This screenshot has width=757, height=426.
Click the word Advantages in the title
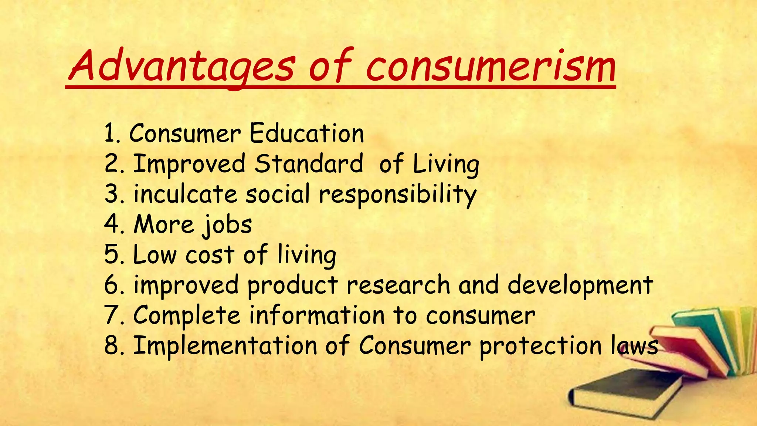pyautogui.click(x=181, y=67)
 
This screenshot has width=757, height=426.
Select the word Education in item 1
pyautogui.click(x=307, y=133)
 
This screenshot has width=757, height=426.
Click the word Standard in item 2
pyautogui.click(x=309, y=164)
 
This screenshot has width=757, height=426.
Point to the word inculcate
pyautogui.click(x=185, y=194)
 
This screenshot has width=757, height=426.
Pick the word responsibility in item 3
pyautogui.click(x=398, y=195)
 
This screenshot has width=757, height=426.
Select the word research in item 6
pyautogui.click(x=398, y=285)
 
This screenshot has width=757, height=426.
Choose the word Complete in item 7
pyautogui.click(x=187, y=315)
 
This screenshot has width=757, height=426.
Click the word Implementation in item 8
pyautogui.click(x=225, y=346)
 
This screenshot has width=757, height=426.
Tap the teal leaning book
pyautogui.click(x=702, y=333)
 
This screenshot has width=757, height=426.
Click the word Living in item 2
pyautogui.click(x=446, y=165)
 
